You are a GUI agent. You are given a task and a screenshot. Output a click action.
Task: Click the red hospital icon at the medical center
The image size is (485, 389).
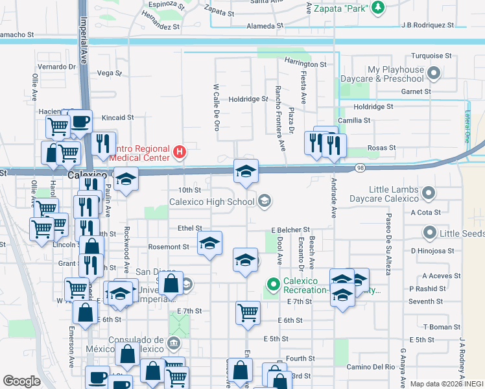click(x=180, y=153)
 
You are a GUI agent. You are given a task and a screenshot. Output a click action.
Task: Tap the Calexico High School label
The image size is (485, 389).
click(x=211, y=202)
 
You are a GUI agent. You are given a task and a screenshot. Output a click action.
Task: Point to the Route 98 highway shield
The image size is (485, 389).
click(x=360, y=168)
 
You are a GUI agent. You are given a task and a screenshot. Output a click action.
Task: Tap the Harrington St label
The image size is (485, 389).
click(x=305, y=64)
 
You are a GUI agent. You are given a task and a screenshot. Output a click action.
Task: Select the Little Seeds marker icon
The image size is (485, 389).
click(x=429, y=232)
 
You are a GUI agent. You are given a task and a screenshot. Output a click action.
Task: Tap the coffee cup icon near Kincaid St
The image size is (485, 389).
click(x=80, y=121)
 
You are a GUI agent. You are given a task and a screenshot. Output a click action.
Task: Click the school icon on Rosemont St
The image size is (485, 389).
click(x=209, y=244)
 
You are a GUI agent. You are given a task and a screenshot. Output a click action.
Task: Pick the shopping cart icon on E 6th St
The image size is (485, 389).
click(x=248, y=312)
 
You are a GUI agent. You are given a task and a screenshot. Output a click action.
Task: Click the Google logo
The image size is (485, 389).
click(x=21, y=381)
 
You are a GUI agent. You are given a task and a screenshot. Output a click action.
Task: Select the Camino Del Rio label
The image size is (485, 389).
click(x=370, y=367)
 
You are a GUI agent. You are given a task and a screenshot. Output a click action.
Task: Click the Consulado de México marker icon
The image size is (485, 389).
click(x=173, y=342)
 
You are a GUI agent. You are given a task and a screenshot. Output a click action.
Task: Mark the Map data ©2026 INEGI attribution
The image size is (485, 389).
click(x=447, y=384)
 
